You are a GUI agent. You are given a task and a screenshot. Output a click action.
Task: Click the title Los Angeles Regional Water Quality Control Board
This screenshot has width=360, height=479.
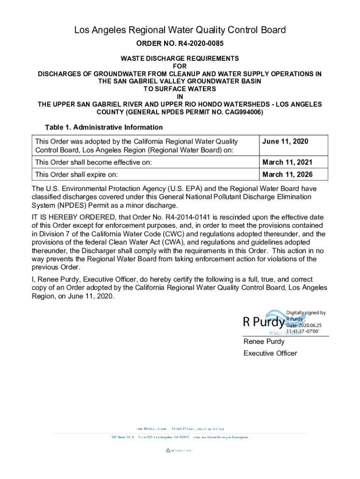pyautogui.click(x=180, y=30)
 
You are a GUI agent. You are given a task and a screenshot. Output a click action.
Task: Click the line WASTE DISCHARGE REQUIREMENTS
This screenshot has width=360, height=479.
pyautogui.click(x=180, y=58)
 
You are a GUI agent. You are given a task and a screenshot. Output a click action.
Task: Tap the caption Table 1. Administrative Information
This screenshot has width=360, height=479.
pyautogui.click(x=104, y=127)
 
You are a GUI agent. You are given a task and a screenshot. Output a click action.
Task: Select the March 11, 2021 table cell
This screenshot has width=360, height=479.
pyautogui.click(x=288, y=162)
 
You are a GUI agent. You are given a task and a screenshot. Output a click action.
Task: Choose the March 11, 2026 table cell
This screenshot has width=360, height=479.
pyautogui.click(x=288, y=174)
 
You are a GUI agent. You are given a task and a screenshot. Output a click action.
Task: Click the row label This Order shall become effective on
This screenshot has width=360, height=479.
pyautogui.click(x=94, y=162)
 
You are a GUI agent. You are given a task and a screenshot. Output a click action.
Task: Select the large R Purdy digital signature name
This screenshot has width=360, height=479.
pyautogui.click(x=263, y=322)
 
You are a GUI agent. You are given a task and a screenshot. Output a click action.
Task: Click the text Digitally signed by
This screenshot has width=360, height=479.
pyautogui.click(x=306, y=313)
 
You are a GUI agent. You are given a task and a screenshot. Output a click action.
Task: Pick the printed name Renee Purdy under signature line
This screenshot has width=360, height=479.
pyautogui.click(x=264, y=341)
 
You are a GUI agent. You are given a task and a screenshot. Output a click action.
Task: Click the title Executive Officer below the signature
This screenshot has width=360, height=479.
pyautogui.click(x=270, y=353)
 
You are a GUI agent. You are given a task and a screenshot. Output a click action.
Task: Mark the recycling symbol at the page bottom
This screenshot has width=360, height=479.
pyautogui.click(x=168, y=450)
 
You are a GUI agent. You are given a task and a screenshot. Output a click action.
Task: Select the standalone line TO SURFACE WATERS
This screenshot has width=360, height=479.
pyautogui.click(x=180, y=89)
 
